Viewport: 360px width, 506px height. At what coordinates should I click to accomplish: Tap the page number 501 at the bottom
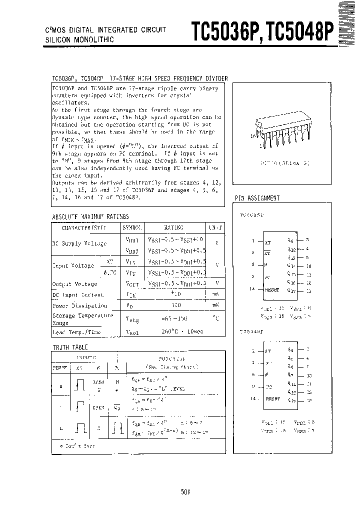185,492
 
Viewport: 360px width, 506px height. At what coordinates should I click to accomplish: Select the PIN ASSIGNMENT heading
257,198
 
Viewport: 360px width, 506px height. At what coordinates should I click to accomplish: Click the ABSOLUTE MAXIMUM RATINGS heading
90,216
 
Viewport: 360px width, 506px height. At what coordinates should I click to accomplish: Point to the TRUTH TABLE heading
70,347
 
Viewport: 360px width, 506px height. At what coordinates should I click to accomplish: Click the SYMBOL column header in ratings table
132,227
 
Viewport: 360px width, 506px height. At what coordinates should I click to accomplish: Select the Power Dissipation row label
80,305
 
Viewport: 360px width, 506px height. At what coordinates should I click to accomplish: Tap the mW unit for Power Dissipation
215,305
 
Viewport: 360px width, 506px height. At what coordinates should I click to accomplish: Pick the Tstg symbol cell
132,318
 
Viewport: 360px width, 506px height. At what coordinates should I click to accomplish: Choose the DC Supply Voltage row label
79,243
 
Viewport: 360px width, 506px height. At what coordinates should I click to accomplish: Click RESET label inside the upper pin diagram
272,290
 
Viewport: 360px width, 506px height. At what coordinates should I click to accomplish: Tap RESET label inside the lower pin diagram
272,399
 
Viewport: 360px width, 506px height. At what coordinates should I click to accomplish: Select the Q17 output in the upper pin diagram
291,290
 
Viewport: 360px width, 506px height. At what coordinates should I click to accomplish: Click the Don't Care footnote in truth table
77,444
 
